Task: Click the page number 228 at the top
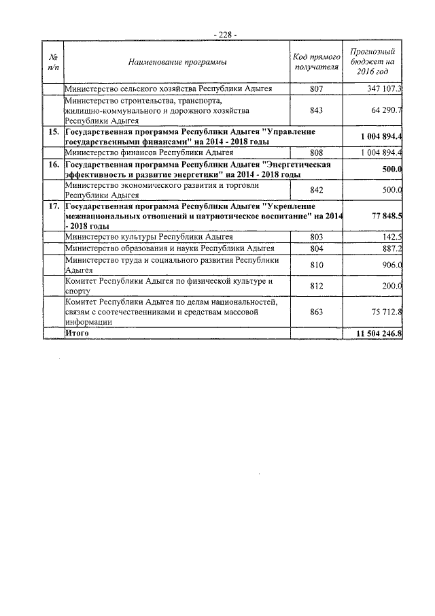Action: click(225, 34)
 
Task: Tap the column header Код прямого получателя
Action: click(316, 63)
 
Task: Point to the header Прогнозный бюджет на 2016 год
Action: click(372, 62)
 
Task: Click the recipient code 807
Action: click(316, 88)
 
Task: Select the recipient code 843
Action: click(316, 110)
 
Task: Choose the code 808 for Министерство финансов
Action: click(316, 152)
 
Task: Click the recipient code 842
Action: click(316, 191)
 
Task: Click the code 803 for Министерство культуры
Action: click(316, 236)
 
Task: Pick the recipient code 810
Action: click(316, 265)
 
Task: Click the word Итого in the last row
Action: click(76, 334)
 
